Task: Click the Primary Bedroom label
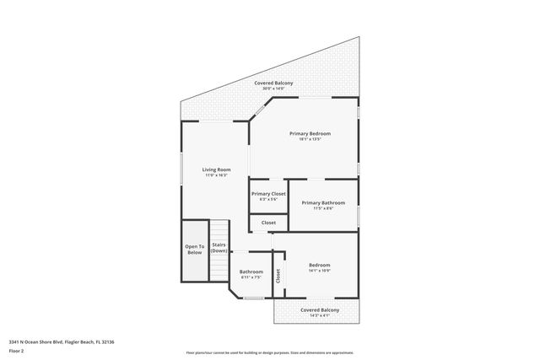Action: coord(310,133)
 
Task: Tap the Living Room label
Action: coord(216,169)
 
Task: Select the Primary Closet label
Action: coord(268,193)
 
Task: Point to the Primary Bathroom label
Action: coord(322,202)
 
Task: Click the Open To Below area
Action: coord(195,249)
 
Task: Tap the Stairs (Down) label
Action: coord(219,248)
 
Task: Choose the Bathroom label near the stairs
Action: coord(251,271)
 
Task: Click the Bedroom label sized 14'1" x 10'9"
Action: coord(319,265)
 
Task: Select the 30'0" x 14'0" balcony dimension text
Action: coord(274,89)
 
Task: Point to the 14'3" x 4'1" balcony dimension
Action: coord(320,315)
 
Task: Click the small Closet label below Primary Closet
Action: coord(268,223)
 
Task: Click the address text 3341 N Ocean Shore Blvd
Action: coord(61,341)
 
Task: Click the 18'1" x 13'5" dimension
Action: coord(310,139)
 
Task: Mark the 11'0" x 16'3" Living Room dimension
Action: coord(216,175)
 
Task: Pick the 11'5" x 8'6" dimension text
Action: coord(322,208)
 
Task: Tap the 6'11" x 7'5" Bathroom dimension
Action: coord(251,277)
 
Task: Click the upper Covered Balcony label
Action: coord(274,83)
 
